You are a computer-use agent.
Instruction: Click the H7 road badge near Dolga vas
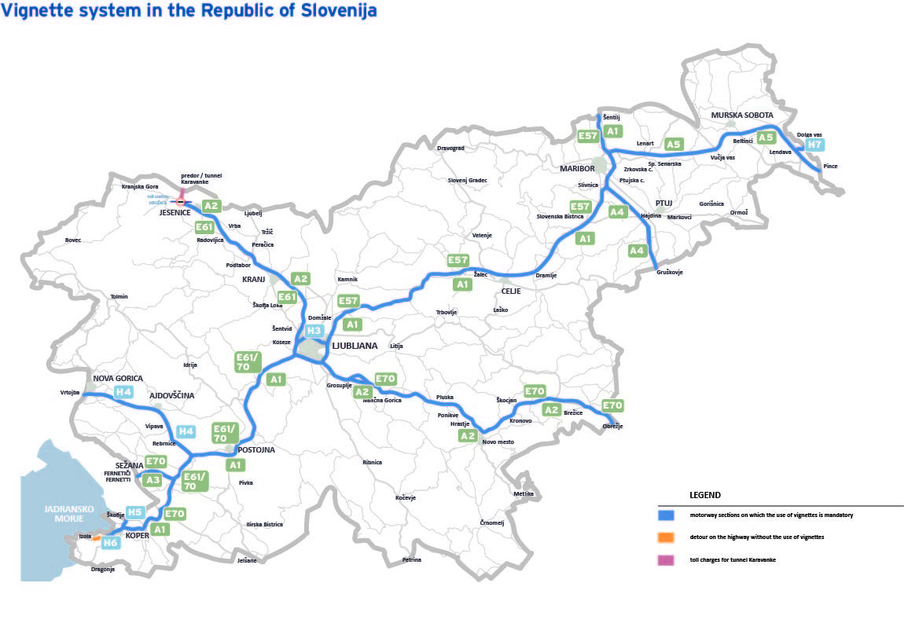coord(814,145)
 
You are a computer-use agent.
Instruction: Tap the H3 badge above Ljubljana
coord(314,331)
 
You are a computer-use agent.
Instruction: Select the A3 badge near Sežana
coord(153,480)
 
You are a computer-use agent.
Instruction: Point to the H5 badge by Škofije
coord(135,512)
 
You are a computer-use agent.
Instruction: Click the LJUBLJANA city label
coord(355,346)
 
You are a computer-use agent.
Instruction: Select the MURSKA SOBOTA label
coord(742,115)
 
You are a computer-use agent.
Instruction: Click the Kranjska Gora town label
coord(140,187)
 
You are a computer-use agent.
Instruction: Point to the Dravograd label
coord(450,148)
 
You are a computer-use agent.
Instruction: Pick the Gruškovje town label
coord(670,272)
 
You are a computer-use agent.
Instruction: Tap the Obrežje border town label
coord(612,426)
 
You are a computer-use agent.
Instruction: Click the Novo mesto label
coord(498,442)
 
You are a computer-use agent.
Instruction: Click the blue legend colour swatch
coord(666,515)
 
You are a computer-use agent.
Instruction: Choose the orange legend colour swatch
coord(666,537)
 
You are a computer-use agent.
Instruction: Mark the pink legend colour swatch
coord(666,559)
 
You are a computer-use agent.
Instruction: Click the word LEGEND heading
coord(705,495)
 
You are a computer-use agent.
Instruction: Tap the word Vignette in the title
coord(35,11)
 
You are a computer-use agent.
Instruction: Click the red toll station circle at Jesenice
coord(181,202)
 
